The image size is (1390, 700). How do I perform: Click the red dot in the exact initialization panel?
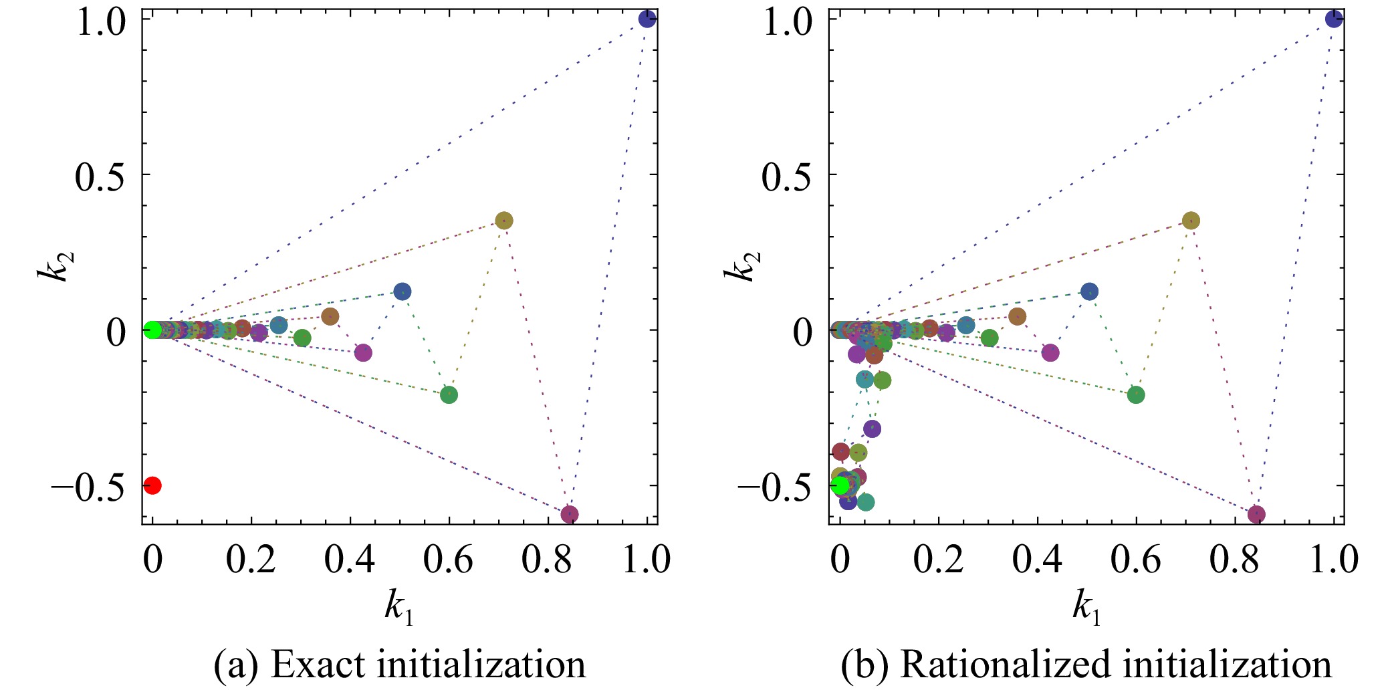(152, 485)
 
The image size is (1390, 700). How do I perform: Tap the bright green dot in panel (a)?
(152, 330)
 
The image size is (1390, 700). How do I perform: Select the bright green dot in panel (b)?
(840, 485)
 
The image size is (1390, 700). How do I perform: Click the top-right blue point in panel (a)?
(647, 19)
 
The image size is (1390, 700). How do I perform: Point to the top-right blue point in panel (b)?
(1334, 19)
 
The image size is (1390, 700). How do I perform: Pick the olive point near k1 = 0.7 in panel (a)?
(504, 221)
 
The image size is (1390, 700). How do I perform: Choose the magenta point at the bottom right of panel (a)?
(570, 514)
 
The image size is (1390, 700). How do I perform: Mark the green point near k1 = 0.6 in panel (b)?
(1136, 394)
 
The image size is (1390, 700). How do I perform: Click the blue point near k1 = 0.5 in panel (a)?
(402, 291)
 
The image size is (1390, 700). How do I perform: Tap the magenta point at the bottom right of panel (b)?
(1256, 514)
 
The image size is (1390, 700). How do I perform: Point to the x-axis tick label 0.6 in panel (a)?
(448, 560)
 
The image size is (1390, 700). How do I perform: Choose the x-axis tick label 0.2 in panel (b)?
(938, 560)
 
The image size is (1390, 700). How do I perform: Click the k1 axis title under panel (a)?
(399, 608)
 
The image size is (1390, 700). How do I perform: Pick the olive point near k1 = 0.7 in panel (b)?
(1191, 221)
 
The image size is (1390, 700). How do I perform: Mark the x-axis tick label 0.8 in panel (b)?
(1234, 560)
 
